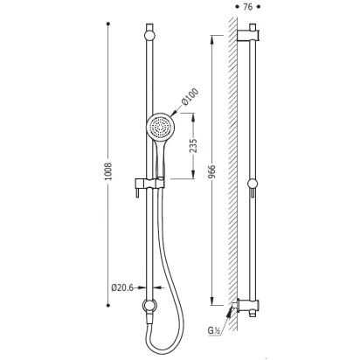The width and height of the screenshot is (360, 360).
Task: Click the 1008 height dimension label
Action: click(x=108, y=171)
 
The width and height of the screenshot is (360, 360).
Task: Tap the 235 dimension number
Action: click(x=193, y=146)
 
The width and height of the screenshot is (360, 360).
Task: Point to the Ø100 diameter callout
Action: click(x=190, y=97)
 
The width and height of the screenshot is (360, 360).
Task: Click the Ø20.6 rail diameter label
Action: click(x=122, y=287)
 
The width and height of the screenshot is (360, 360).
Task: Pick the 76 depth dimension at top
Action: click(x=247, y=7)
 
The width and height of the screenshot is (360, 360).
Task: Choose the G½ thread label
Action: click(x=213, y=330)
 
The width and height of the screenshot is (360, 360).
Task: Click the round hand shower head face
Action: click(x=160, y=128)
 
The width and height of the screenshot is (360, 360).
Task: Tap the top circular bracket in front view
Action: click(x=149, y=36)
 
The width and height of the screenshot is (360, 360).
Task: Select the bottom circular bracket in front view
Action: click(x=149, y=306)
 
